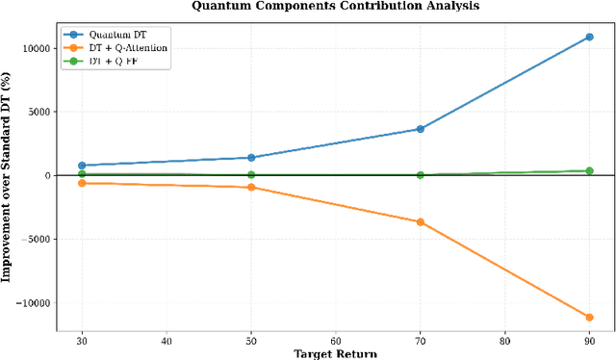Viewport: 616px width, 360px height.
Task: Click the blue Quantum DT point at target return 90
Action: pos(589,37)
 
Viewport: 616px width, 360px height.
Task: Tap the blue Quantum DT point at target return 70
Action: pos(420,129)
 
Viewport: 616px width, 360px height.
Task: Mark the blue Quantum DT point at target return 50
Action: pos(251,158)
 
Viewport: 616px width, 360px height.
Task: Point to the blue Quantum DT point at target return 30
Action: pos(82,166)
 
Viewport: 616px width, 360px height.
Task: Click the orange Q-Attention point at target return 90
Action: pos(589,317)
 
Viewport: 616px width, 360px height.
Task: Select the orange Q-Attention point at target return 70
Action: pos(420,222)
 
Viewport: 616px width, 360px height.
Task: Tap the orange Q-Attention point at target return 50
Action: pos(251,187)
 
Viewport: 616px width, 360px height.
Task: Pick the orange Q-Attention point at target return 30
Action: pos(82,183)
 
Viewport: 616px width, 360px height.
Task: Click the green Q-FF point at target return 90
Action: pos(589,171)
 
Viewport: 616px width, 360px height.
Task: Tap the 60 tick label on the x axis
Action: pos(335,340)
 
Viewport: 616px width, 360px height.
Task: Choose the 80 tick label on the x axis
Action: pos(504,340)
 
